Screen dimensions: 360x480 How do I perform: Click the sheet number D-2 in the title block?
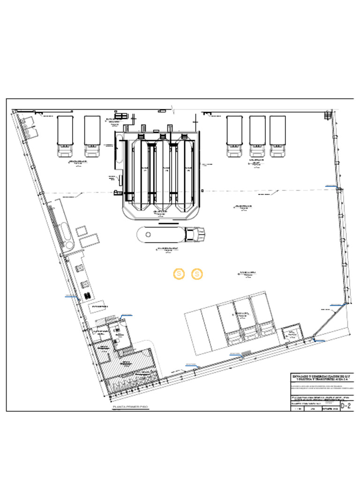point(346,406)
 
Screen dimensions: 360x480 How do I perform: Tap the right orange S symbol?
point(197,274)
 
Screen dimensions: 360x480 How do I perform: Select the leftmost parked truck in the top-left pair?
point(65,136)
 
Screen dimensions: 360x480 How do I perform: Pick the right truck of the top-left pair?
point(92,136)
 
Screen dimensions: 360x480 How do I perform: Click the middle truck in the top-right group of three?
point(257,136)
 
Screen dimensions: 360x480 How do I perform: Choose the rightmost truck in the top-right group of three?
point(277,136)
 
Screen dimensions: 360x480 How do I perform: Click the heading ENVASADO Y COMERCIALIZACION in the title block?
point(321,376)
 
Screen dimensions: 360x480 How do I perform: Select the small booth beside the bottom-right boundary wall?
point(292,333)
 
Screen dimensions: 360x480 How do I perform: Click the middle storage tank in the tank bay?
point(163,173)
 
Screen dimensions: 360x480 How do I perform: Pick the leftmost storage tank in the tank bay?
point(140,173)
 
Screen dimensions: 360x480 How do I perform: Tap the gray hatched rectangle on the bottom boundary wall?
point(246,352)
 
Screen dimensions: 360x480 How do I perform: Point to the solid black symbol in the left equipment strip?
point(87,295)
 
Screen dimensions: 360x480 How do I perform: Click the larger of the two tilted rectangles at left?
point(89,241)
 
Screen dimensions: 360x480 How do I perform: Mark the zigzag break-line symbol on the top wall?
point(174,110)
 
